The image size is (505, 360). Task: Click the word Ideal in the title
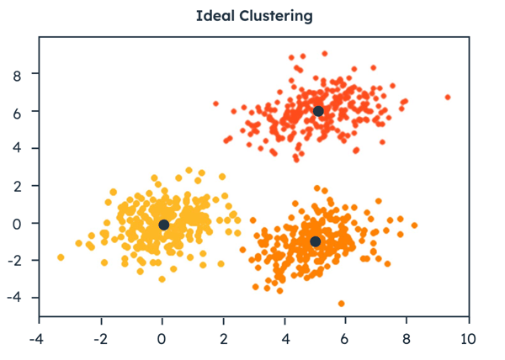coord(212,16)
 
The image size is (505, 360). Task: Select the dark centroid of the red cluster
coord(318,111)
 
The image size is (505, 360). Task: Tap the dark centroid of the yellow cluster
coord(164,225)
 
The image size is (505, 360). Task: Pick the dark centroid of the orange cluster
coord(316,241)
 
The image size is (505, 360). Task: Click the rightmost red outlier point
coord(448,98)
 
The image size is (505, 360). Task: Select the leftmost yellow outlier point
coord(61,257)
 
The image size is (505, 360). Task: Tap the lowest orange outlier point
coord(341,304)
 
